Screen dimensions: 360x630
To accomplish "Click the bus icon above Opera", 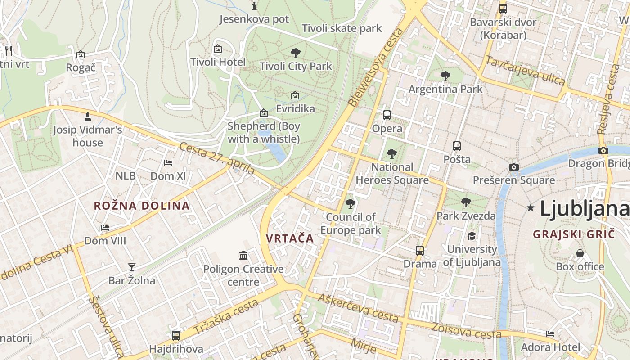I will [387, 115].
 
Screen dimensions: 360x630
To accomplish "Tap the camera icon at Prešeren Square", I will [514, 167].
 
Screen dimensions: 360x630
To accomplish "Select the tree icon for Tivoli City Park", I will [296, 53].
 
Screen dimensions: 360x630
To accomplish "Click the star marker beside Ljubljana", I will [531, 208].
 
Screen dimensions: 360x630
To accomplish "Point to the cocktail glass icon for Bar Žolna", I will [131, 267].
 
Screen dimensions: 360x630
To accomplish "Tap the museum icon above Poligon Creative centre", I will [243, 256].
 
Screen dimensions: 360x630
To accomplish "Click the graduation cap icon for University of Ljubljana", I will [472, 236].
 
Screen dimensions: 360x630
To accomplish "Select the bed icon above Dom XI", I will [168, 163].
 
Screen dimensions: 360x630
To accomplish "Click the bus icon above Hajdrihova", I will [176, 335].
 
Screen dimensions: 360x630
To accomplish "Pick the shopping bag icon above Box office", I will [580, 253].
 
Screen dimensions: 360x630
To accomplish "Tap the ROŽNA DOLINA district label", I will [142, 206].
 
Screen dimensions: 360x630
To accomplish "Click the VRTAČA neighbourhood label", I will [290, 238].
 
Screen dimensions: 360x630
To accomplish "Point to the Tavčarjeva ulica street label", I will [525, 71].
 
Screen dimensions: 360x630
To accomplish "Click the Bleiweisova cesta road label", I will [376, 67].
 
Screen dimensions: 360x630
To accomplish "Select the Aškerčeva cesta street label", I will [358, 308].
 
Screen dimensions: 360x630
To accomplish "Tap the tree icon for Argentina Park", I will [445, 76].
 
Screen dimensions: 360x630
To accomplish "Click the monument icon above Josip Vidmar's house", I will [88, 117].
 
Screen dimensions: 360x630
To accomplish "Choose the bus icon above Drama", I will [420, 250].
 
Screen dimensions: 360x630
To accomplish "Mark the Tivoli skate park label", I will [342, 28].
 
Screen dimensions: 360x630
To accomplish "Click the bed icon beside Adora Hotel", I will [550, 334].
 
